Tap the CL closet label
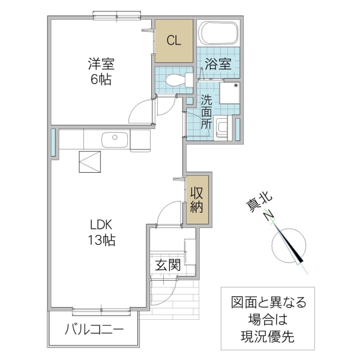pyautogui.click(x=173, y=41)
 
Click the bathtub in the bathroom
pyautogui.click(x=218, y=34)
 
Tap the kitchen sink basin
pyautogui.click(x=113, y=140)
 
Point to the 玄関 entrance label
pyautogui.click(x=166, y=265)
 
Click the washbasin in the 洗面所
pyautogui.click(x=223, y=127)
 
